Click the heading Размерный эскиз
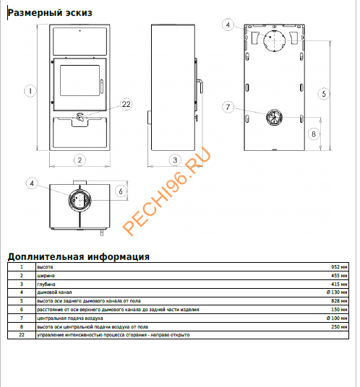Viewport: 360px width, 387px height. [x=49, y=13]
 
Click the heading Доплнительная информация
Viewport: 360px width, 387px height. [x=78, y=256]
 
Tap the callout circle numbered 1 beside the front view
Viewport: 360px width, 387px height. [x=29, y=91]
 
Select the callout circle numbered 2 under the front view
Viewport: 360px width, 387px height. [x=80, y=160]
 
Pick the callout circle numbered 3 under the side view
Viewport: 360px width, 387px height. [x=174, y=160]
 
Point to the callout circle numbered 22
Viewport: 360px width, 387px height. [x=127, y=105]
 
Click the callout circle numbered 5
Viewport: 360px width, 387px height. [x=324, y=93]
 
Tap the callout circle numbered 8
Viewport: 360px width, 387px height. [x=313, y=134]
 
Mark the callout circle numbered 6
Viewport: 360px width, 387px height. [x=121, y=191]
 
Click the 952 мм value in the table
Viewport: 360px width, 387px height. [x=340, y=267]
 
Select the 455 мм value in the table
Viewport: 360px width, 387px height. [x=340, y=276]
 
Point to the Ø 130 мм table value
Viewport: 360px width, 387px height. [x=337, y=292]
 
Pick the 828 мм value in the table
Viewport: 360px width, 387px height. [x=340, y=301]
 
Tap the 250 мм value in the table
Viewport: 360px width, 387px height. [x=340, y=326]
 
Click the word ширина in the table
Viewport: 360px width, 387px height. [x=46, y=276]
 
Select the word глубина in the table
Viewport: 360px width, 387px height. [x=46, y=284]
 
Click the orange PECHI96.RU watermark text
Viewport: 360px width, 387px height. [x=167, y=191]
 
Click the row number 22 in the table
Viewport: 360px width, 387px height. [x=22, y=335]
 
